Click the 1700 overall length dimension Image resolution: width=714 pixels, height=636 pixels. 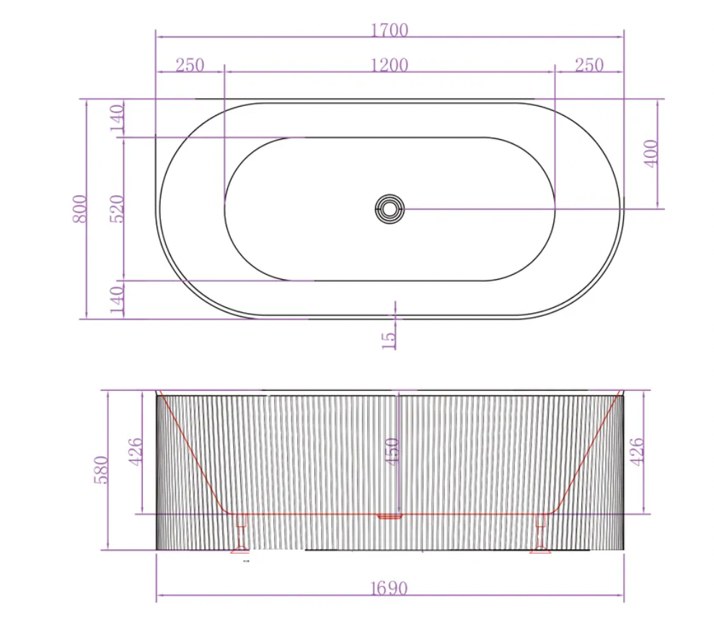(389, 30)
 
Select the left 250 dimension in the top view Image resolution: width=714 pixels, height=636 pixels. (190, 65)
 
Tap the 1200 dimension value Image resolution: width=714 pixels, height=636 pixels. (389, 66)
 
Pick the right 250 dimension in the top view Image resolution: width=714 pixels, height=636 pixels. (589, 65)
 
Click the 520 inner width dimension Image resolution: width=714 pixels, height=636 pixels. (118, 208)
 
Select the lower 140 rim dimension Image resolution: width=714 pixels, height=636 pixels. (118, 299)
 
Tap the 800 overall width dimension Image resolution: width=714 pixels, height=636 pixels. (79, 208)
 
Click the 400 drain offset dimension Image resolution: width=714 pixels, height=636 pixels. (652, 154)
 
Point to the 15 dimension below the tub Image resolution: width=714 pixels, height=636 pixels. (389, 340)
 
